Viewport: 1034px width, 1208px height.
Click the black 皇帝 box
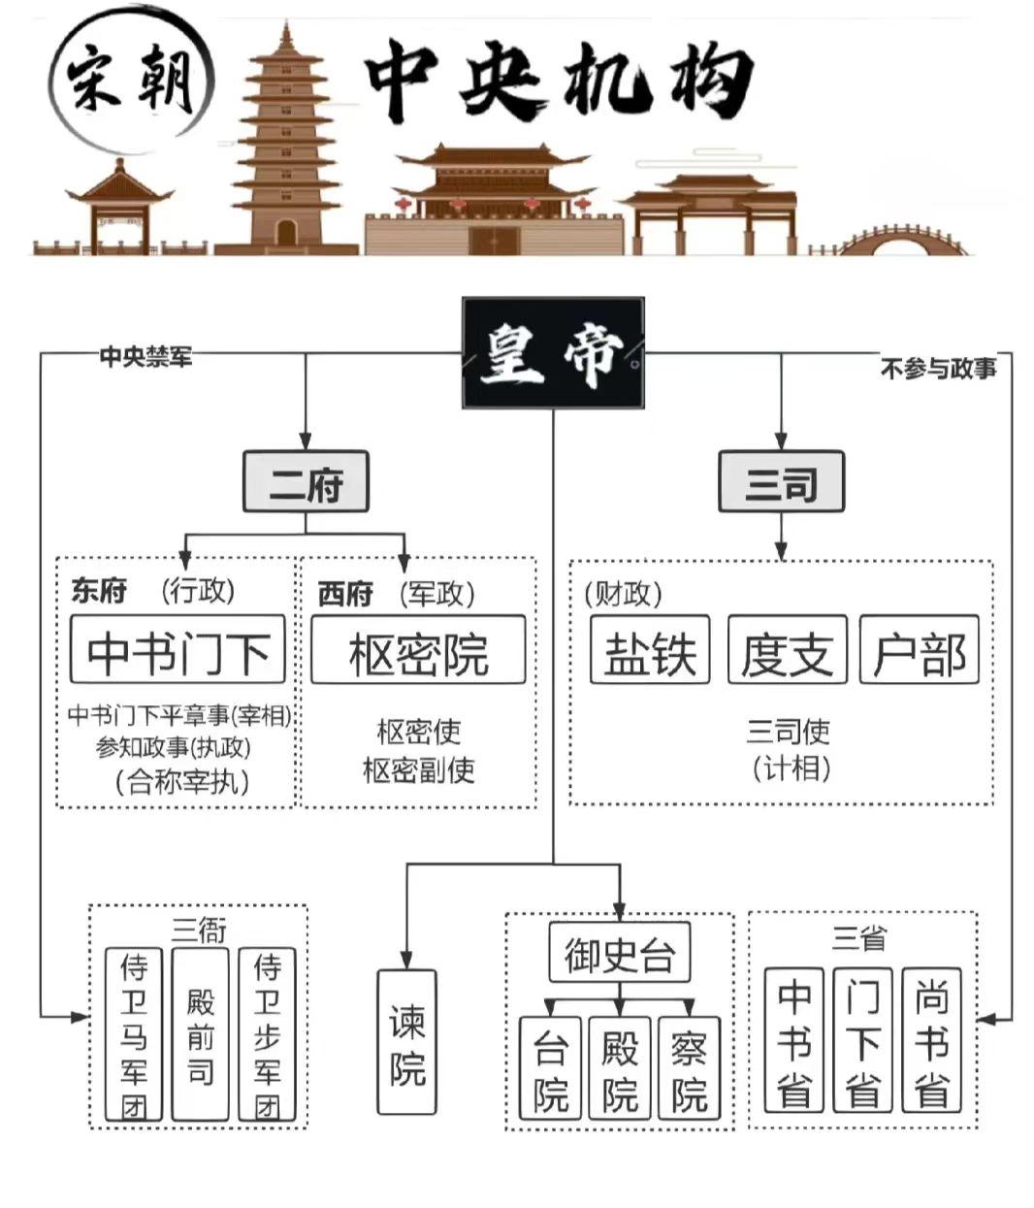point(552,352)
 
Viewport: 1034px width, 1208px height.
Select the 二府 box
point(306,482)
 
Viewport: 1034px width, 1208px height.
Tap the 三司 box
point(781,482)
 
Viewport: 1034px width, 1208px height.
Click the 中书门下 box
point(178,650)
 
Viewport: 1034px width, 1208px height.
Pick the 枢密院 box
point(418,650)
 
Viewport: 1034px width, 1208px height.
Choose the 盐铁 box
point(650,650)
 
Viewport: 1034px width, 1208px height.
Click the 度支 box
point(787,650)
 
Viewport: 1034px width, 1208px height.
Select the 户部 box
point(919,650)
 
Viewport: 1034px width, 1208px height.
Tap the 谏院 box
point(407,1041)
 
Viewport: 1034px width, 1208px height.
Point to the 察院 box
point(689,1067)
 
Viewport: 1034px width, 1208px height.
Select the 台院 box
point(550,1067)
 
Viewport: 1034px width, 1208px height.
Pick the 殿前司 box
point(200,1035)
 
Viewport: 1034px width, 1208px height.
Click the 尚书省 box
point(931,1039)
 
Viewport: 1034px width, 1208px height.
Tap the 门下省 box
point(862,1039)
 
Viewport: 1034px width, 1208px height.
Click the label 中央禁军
point(145,356)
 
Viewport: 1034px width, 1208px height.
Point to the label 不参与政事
point(938,369)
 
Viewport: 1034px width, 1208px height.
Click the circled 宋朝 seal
point(133,80)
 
